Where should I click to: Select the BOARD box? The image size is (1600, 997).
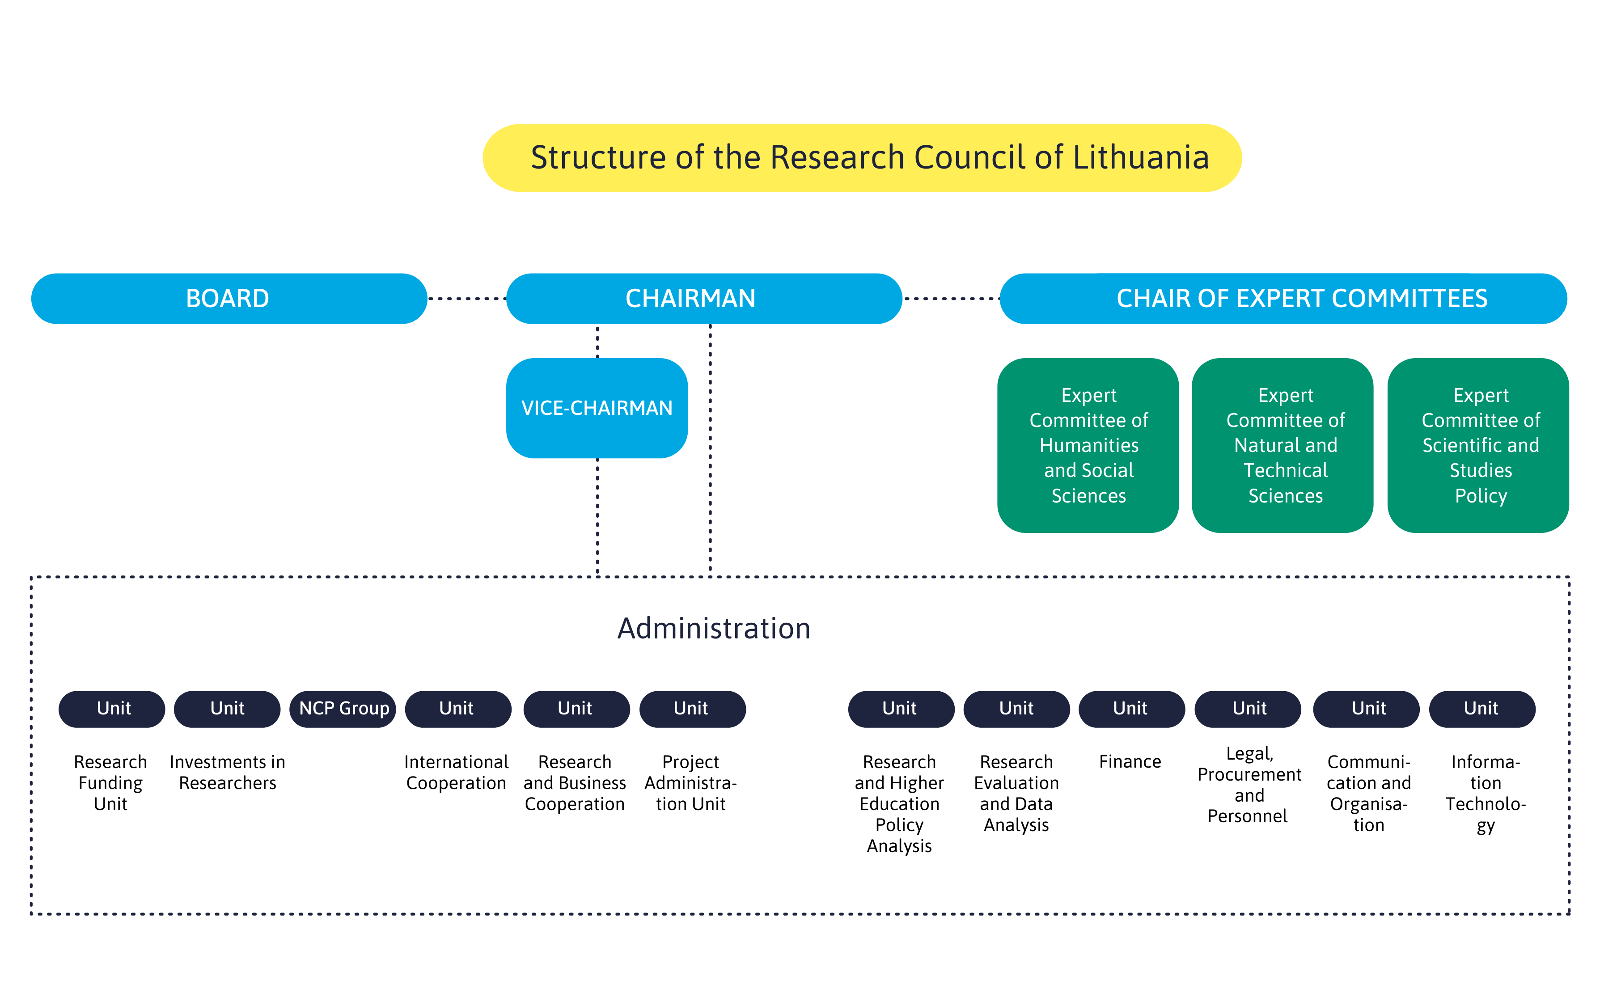click(229, 299)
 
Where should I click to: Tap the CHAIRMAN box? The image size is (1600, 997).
click(704, 299)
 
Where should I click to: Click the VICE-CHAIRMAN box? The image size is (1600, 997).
click(597, 408)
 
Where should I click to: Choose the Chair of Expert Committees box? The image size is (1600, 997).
click(1283, 299)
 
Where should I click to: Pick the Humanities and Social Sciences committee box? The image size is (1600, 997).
click(1088, 445)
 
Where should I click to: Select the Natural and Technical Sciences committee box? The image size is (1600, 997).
click(1283, 445)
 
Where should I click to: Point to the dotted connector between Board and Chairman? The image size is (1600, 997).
click(467, 299)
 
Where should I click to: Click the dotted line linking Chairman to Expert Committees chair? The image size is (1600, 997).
click(951, 299)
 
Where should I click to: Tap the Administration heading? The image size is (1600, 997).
click(714, 629)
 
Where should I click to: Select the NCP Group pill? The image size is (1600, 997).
click(343, 709)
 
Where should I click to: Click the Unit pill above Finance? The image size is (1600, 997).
click(1132, 709)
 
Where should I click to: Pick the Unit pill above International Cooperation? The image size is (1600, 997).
click(458, 709)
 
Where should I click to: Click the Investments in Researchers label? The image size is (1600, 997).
click(228, 772)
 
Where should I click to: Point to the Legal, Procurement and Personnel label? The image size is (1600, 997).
click(1249, 785)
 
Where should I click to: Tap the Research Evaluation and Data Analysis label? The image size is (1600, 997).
click(1016, 793)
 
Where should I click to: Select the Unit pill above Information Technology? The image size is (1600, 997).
click(1482, 709)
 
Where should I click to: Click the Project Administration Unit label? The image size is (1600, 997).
click(690, 783)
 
